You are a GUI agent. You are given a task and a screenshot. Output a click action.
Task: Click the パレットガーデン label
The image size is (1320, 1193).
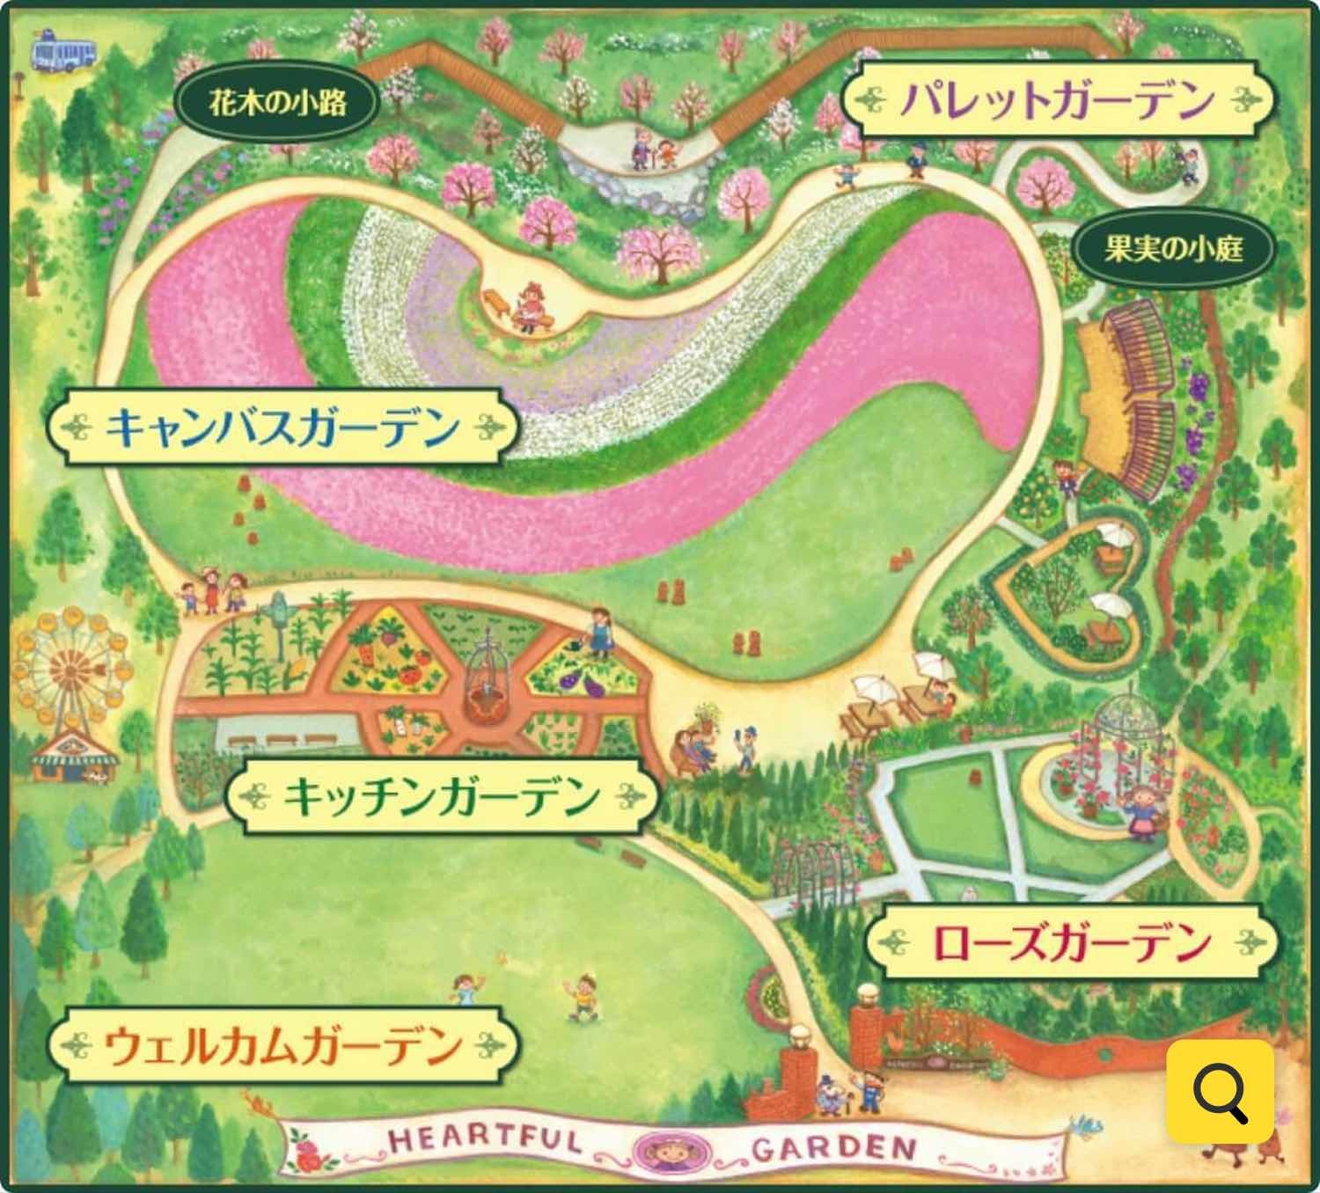point(1056,99)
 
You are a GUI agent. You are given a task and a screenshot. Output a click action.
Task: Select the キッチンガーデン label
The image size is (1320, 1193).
point(442,797)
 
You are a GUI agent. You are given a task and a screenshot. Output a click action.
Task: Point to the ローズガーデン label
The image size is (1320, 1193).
point(1070,942)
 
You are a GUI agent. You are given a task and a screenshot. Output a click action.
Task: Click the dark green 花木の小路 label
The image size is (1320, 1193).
point(278,103)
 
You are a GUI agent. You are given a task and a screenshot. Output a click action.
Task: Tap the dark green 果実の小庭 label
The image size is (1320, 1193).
point(1173,250)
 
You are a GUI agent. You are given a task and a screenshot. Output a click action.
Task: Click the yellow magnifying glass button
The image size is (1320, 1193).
point(1220,1091)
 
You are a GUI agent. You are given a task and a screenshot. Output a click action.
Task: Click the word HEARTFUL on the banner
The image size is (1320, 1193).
point(484,1142)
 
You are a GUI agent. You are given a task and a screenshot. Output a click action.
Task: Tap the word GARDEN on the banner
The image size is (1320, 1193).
point(831,1146)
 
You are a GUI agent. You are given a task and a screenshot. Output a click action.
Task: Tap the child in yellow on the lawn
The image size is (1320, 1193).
point(583,994)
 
